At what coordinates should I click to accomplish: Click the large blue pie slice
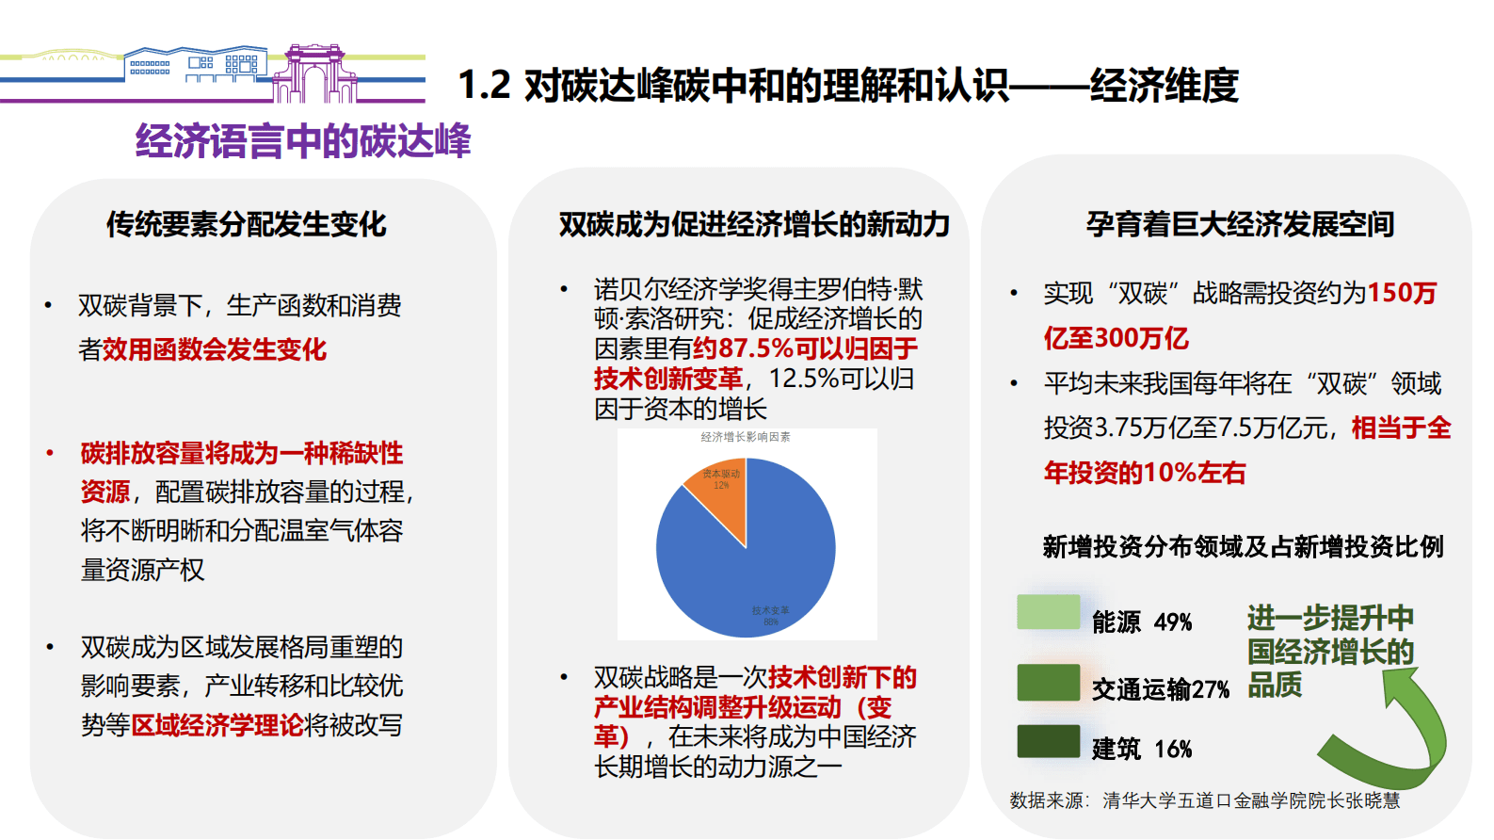click(x=753, y=565)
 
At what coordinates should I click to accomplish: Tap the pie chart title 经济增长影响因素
click(x=746, y=437)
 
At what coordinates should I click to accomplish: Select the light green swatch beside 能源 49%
click(x=1048, y=612)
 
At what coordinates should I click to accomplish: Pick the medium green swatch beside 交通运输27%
click(x=1048, y=682)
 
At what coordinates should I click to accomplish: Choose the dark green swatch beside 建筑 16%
click(x=1048, y=741)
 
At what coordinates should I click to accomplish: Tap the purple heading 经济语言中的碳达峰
click(x=302, y=141)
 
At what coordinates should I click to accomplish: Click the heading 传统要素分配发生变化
click(x=246, y=224)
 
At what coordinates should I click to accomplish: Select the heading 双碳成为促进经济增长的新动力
click(x=753, y=224)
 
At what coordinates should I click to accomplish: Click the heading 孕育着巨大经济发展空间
click(x=1239, y=224)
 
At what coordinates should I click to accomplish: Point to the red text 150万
click(x=1402, y=293)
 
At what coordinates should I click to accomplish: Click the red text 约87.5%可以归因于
click(x=805, y=348)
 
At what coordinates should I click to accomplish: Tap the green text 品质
click(x=1275, y=685)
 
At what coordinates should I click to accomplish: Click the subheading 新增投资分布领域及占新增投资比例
click(x=1243, y=547)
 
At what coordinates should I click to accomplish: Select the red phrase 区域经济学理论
click(x=217, y=725)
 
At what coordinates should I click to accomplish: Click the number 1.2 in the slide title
click(x=484, y=86)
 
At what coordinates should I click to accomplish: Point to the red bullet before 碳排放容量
click(x=50, y=454)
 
